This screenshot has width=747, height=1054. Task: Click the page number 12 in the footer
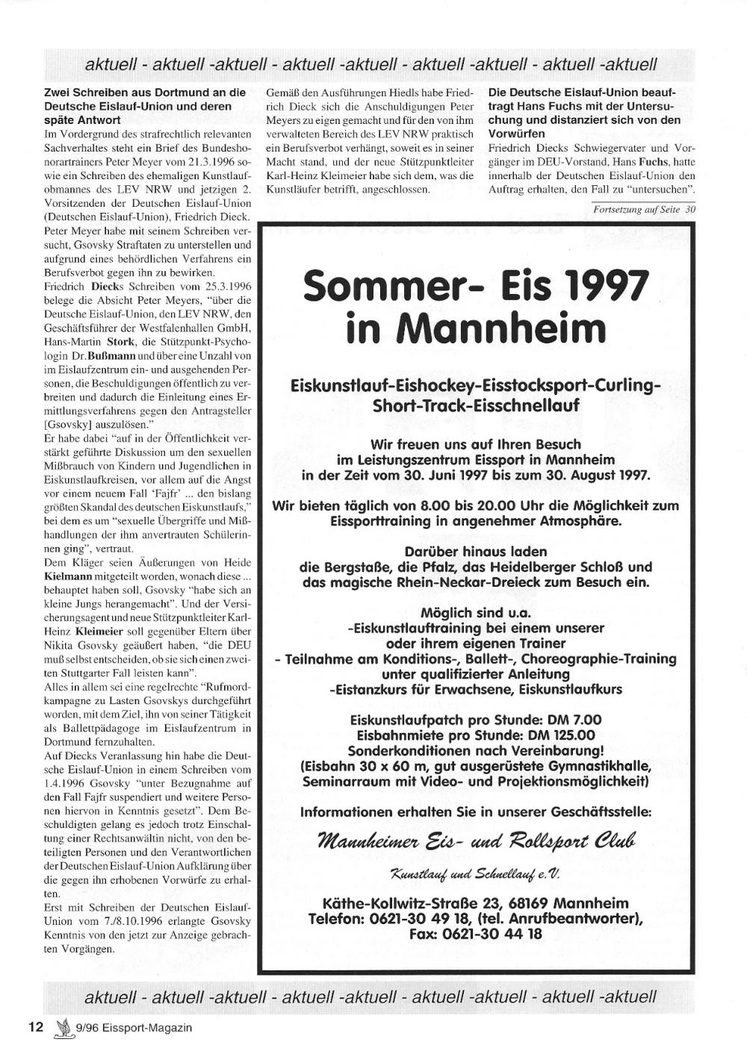[x=36, y=1026]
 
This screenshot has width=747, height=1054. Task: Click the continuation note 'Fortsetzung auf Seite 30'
[x=644, y=210]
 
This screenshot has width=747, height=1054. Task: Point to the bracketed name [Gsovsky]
[x=68, y=424]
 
